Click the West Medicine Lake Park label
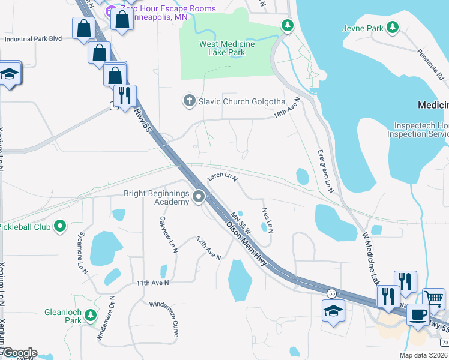click(226, 49)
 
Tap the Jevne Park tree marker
click(393, 27)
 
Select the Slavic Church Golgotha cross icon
click(190, 101)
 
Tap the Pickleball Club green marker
click(59, 227)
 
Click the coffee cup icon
click(418, 314)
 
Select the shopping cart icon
click(434, 298)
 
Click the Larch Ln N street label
click(222, 177)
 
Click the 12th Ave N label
click(209, 248)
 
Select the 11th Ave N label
click(152, 283)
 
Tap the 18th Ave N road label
click(286, 107)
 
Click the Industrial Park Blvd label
click(34, 39)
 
